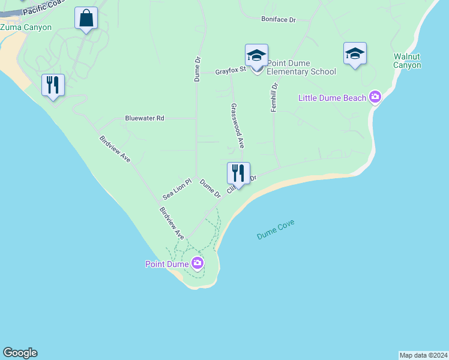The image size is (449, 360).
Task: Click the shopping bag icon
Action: [86, 19]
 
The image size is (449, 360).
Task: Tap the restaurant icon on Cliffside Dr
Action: [238, 173]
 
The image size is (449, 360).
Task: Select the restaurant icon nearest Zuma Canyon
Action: [53, 85]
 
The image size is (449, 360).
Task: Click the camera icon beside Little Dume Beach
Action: [376, 97]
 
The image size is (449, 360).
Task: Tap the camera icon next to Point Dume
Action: [197, 263]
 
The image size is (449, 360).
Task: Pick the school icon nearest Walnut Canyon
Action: [355, 53]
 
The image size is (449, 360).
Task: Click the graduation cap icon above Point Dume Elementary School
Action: [256, 55]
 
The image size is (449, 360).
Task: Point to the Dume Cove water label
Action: [276, 230]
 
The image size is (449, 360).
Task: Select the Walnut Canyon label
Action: [407, 61]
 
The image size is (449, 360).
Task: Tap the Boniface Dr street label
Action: [279, 20]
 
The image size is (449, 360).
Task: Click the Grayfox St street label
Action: [231, 71]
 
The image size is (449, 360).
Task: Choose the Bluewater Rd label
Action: [144, 118]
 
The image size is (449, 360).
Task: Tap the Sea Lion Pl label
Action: [176, 188]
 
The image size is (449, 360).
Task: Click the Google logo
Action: [20, 353]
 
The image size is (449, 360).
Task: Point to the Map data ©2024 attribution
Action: [423, 355]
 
